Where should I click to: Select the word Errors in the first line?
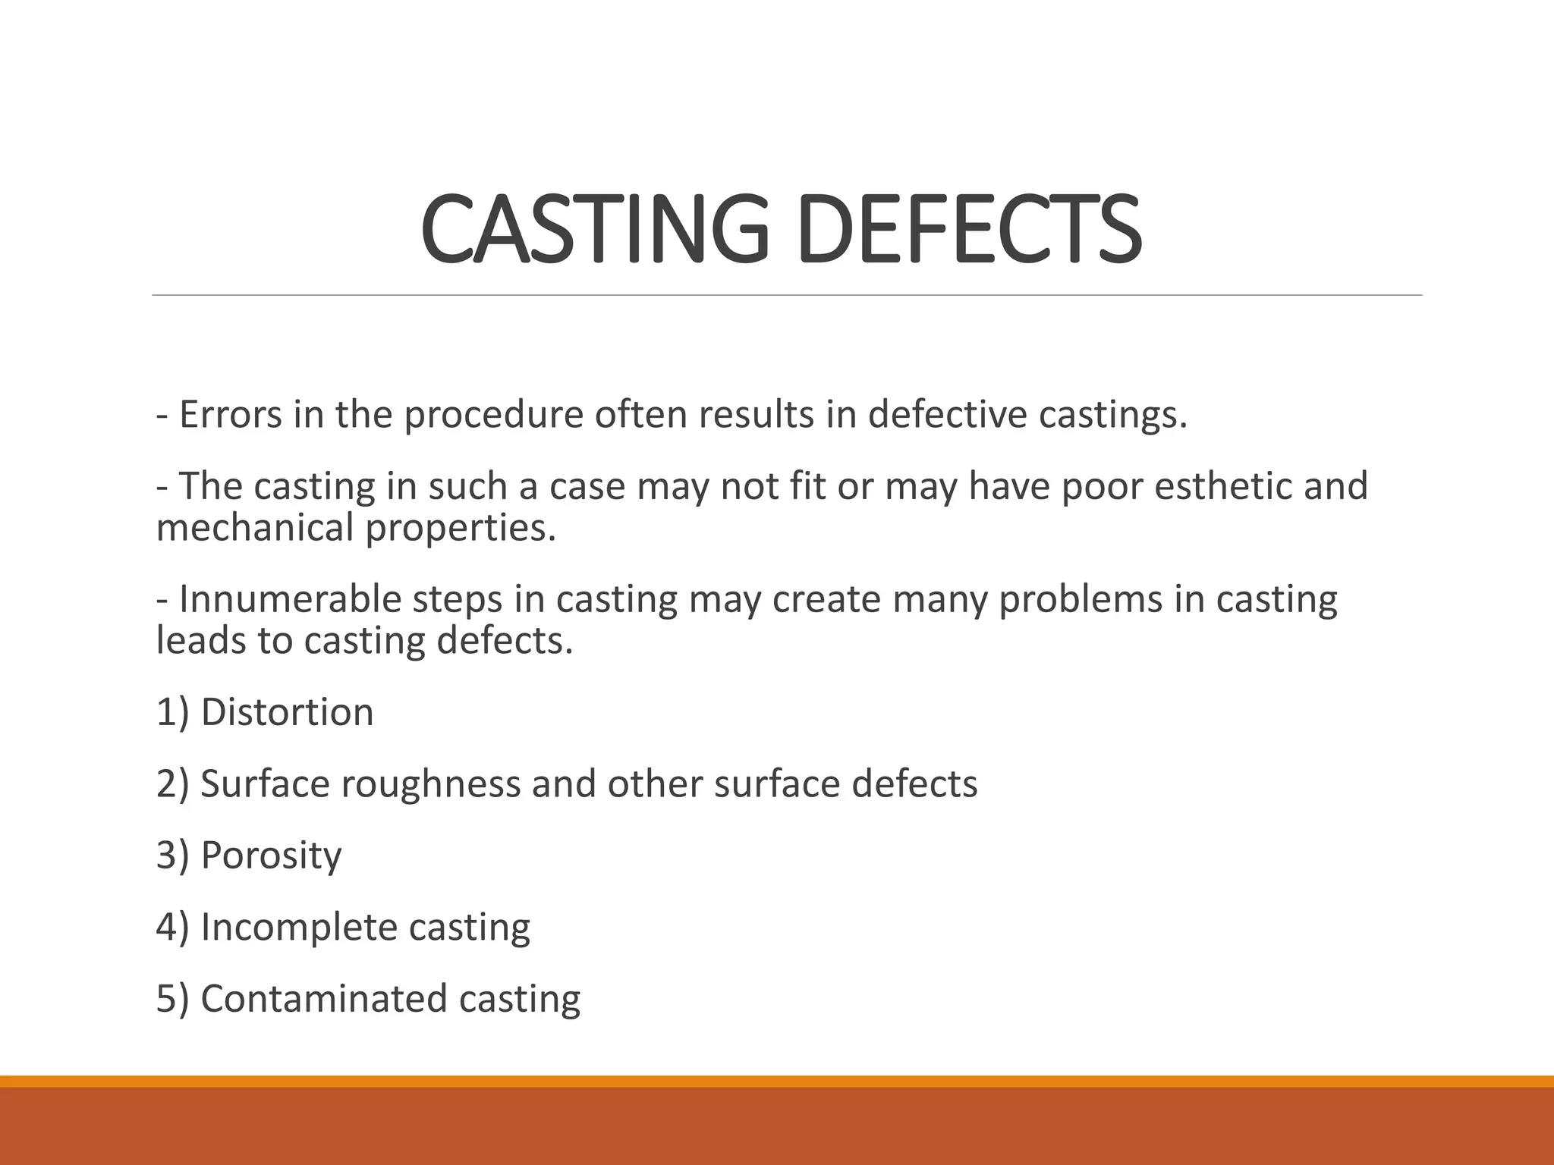pos(231,415)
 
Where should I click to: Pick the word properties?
pos(461,528)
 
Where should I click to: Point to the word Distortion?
pos(287,712)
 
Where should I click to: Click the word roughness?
pos(429,783)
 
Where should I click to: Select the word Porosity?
pos(271,855)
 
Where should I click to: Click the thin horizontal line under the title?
pos(787,295)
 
